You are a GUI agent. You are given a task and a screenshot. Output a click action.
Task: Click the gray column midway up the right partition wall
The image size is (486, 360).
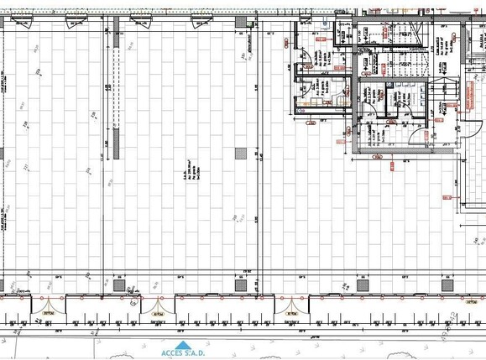(242, 153)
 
